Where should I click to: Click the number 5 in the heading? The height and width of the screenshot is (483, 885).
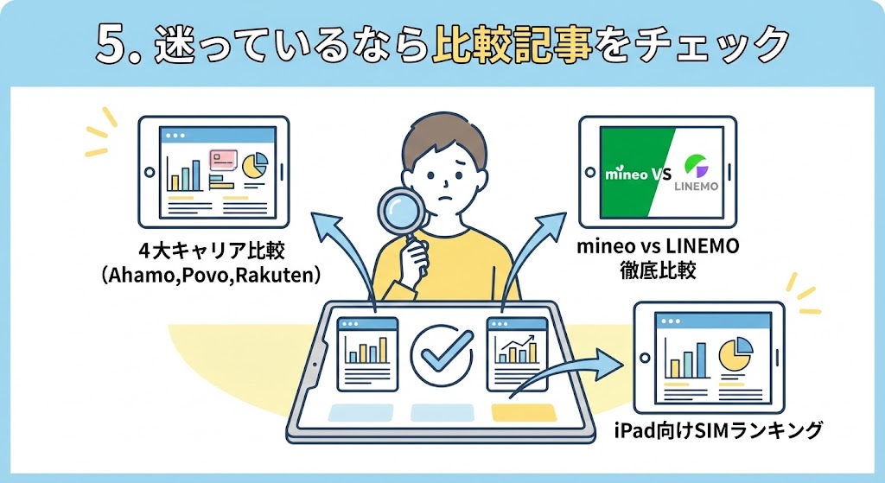tap(113, 44)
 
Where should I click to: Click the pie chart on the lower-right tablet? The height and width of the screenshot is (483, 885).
tap(734, 354)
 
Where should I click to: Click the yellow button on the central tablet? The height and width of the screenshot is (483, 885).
tap(523, 412)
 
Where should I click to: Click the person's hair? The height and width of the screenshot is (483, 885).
tap(442, 134)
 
